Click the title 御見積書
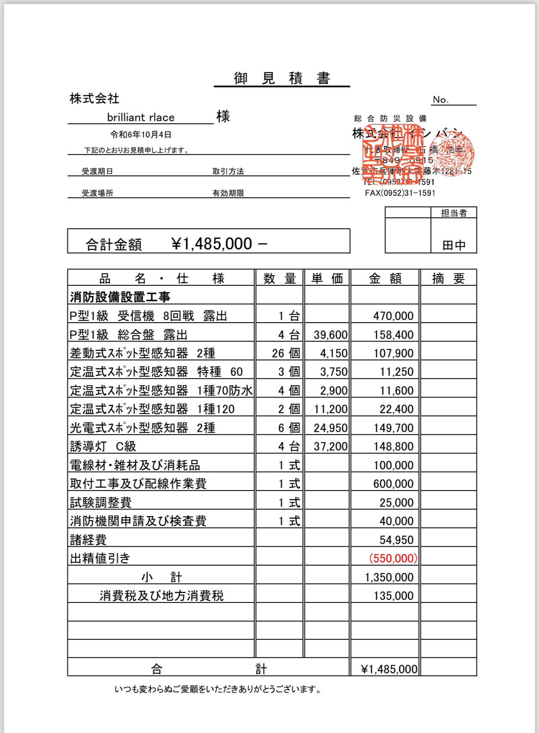[282, 78]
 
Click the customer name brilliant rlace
[141, 117]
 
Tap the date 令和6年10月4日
[141, 135]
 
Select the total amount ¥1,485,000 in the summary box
[212, 244]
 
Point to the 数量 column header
[280, 278]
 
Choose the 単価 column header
[327, 278]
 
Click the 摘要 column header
[448, 278]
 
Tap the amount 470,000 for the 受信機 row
[393, 316]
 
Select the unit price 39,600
[330, 335]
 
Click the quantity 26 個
[286, 353]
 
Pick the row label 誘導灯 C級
[103, 446]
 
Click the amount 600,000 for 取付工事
[393, 484]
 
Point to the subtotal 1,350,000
[389, 577]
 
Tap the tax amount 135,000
[393, 596]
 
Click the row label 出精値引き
[100, 558]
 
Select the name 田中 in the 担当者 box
[454, 245]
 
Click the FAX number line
[400, 193]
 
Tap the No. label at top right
[441, 100]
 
